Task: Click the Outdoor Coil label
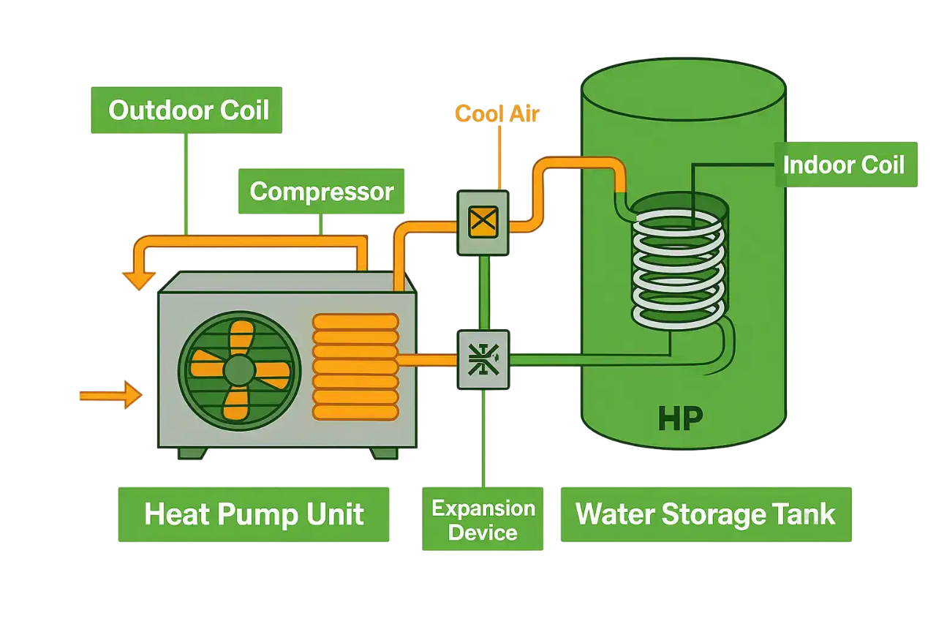187,110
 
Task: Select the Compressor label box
322,192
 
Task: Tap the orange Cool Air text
497,113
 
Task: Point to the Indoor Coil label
845,165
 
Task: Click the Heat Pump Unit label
254,514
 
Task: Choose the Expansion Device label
483,519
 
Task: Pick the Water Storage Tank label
706,514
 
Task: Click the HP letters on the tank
679,418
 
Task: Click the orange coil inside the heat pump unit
355,366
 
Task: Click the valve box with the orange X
483,222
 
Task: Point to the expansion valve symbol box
483,359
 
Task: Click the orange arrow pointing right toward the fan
112,395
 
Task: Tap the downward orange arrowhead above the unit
138,279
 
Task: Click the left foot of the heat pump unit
192,453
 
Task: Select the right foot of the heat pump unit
383,453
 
